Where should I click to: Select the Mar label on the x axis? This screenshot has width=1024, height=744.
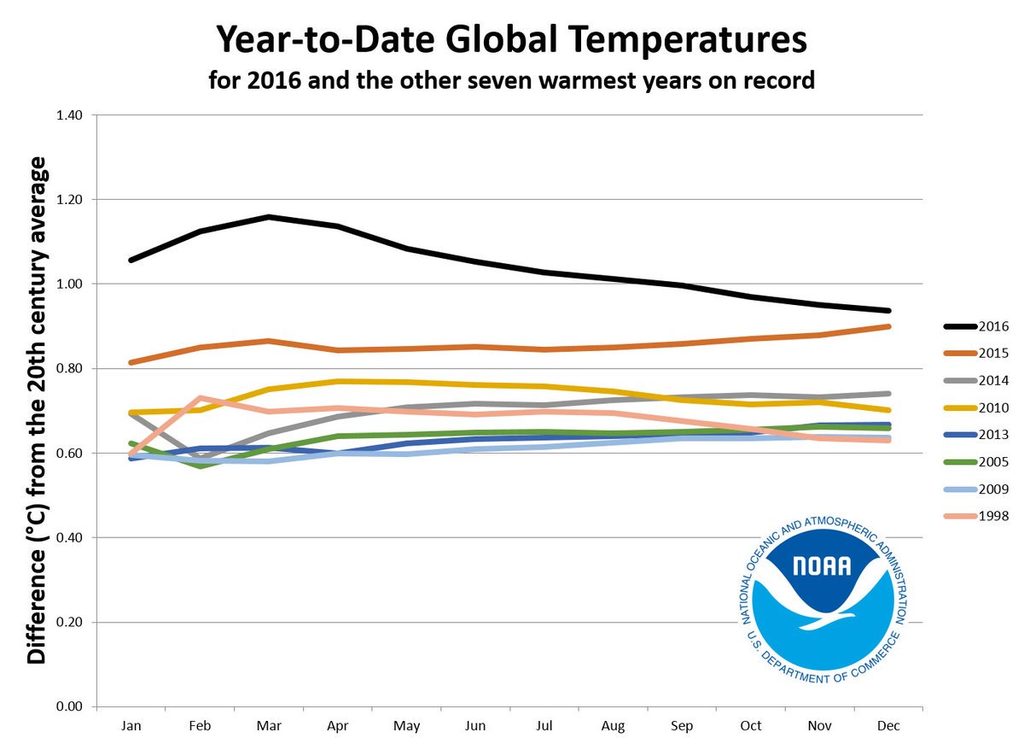coord(269,726)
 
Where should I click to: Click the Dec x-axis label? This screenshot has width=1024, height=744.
coord(888,726)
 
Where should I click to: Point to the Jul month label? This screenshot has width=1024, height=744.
coord(544,726)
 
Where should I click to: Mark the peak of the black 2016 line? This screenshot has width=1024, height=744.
coord(269,217)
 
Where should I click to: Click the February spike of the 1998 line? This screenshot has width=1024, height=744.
coord(200,398)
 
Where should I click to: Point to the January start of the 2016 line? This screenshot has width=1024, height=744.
coord(131,260)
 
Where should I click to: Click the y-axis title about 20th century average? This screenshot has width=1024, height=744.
coord(37,410)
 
